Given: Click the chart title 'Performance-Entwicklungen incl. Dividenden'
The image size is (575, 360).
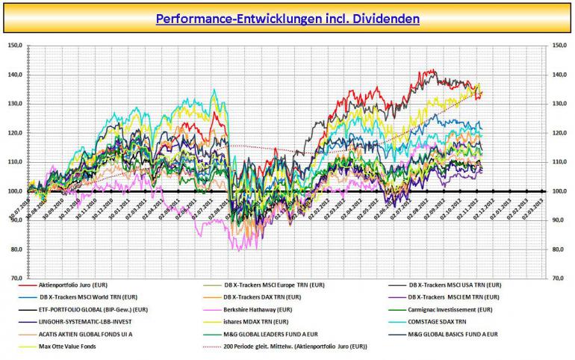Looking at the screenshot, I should (x=287, y=17).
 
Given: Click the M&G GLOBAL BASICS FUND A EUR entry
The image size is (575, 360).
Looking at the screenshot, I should (x=456, y=334).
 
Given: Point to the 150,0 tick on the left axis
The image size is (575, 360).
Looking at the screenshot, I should (x=15, y=46).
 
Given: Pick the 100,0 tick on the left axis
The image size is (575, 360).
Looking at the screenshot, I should (x=15, y=191).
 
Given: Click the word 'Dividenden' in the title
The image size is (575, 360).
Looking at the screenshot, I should (x=385, y=17).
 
